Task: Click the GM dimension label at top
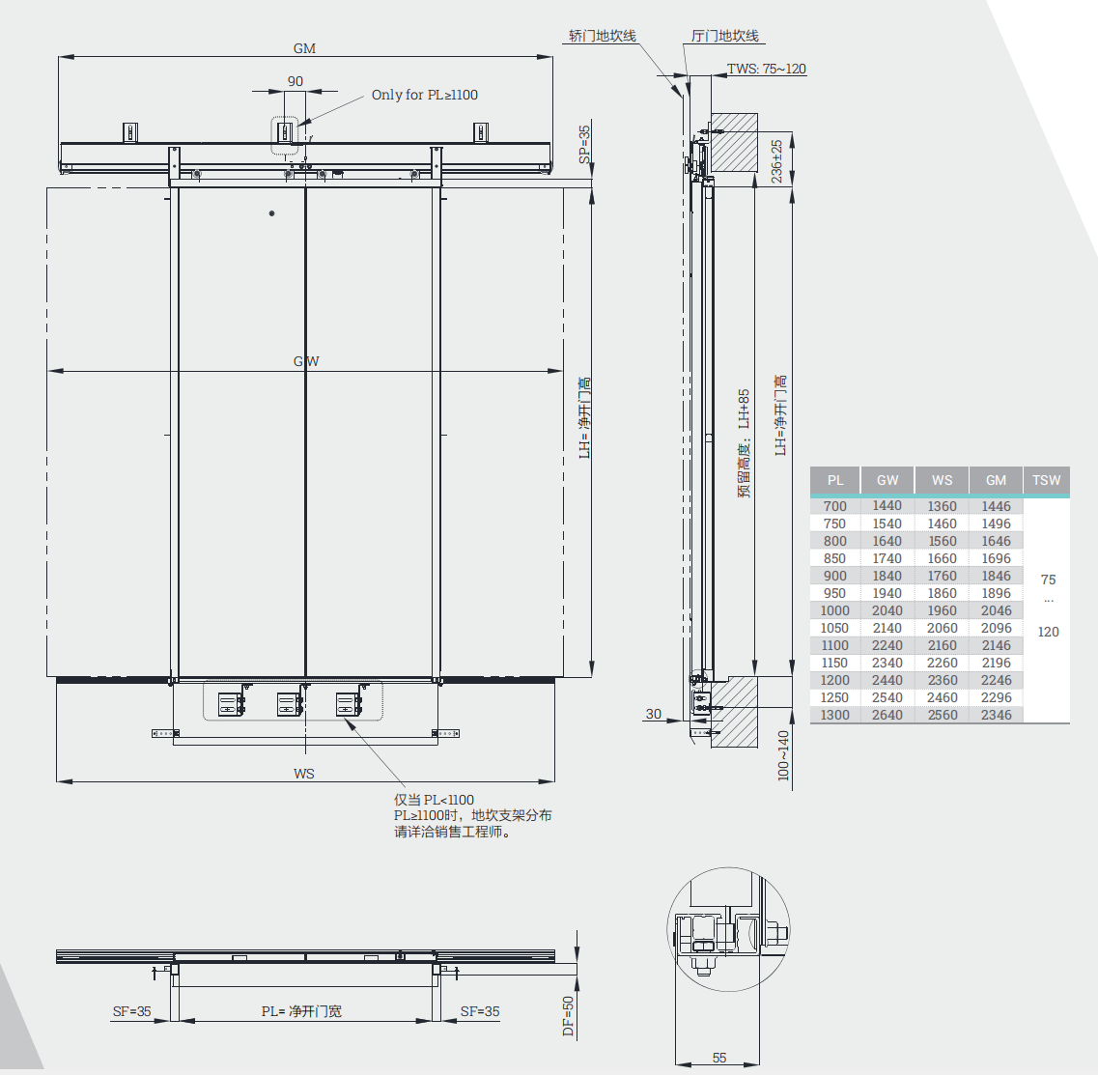click(x=304, y=48)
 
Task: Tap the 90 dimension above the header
click(x=296, y=81)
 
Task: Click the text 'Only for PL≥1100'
click(x=424, y=95)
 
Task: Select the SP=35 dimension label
click(x=584, y=144)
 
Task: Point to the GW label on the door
click(x=306, y=361)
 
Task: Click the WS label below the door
click(x=304, y=773)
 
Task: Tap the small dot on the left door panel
click(x=271, y=212)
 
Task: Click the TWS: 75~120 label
click(x=766, y=69)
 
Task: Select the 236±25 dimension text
click(x=775, y=161)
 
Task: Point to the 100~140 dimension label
click(x=783, y=755)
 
